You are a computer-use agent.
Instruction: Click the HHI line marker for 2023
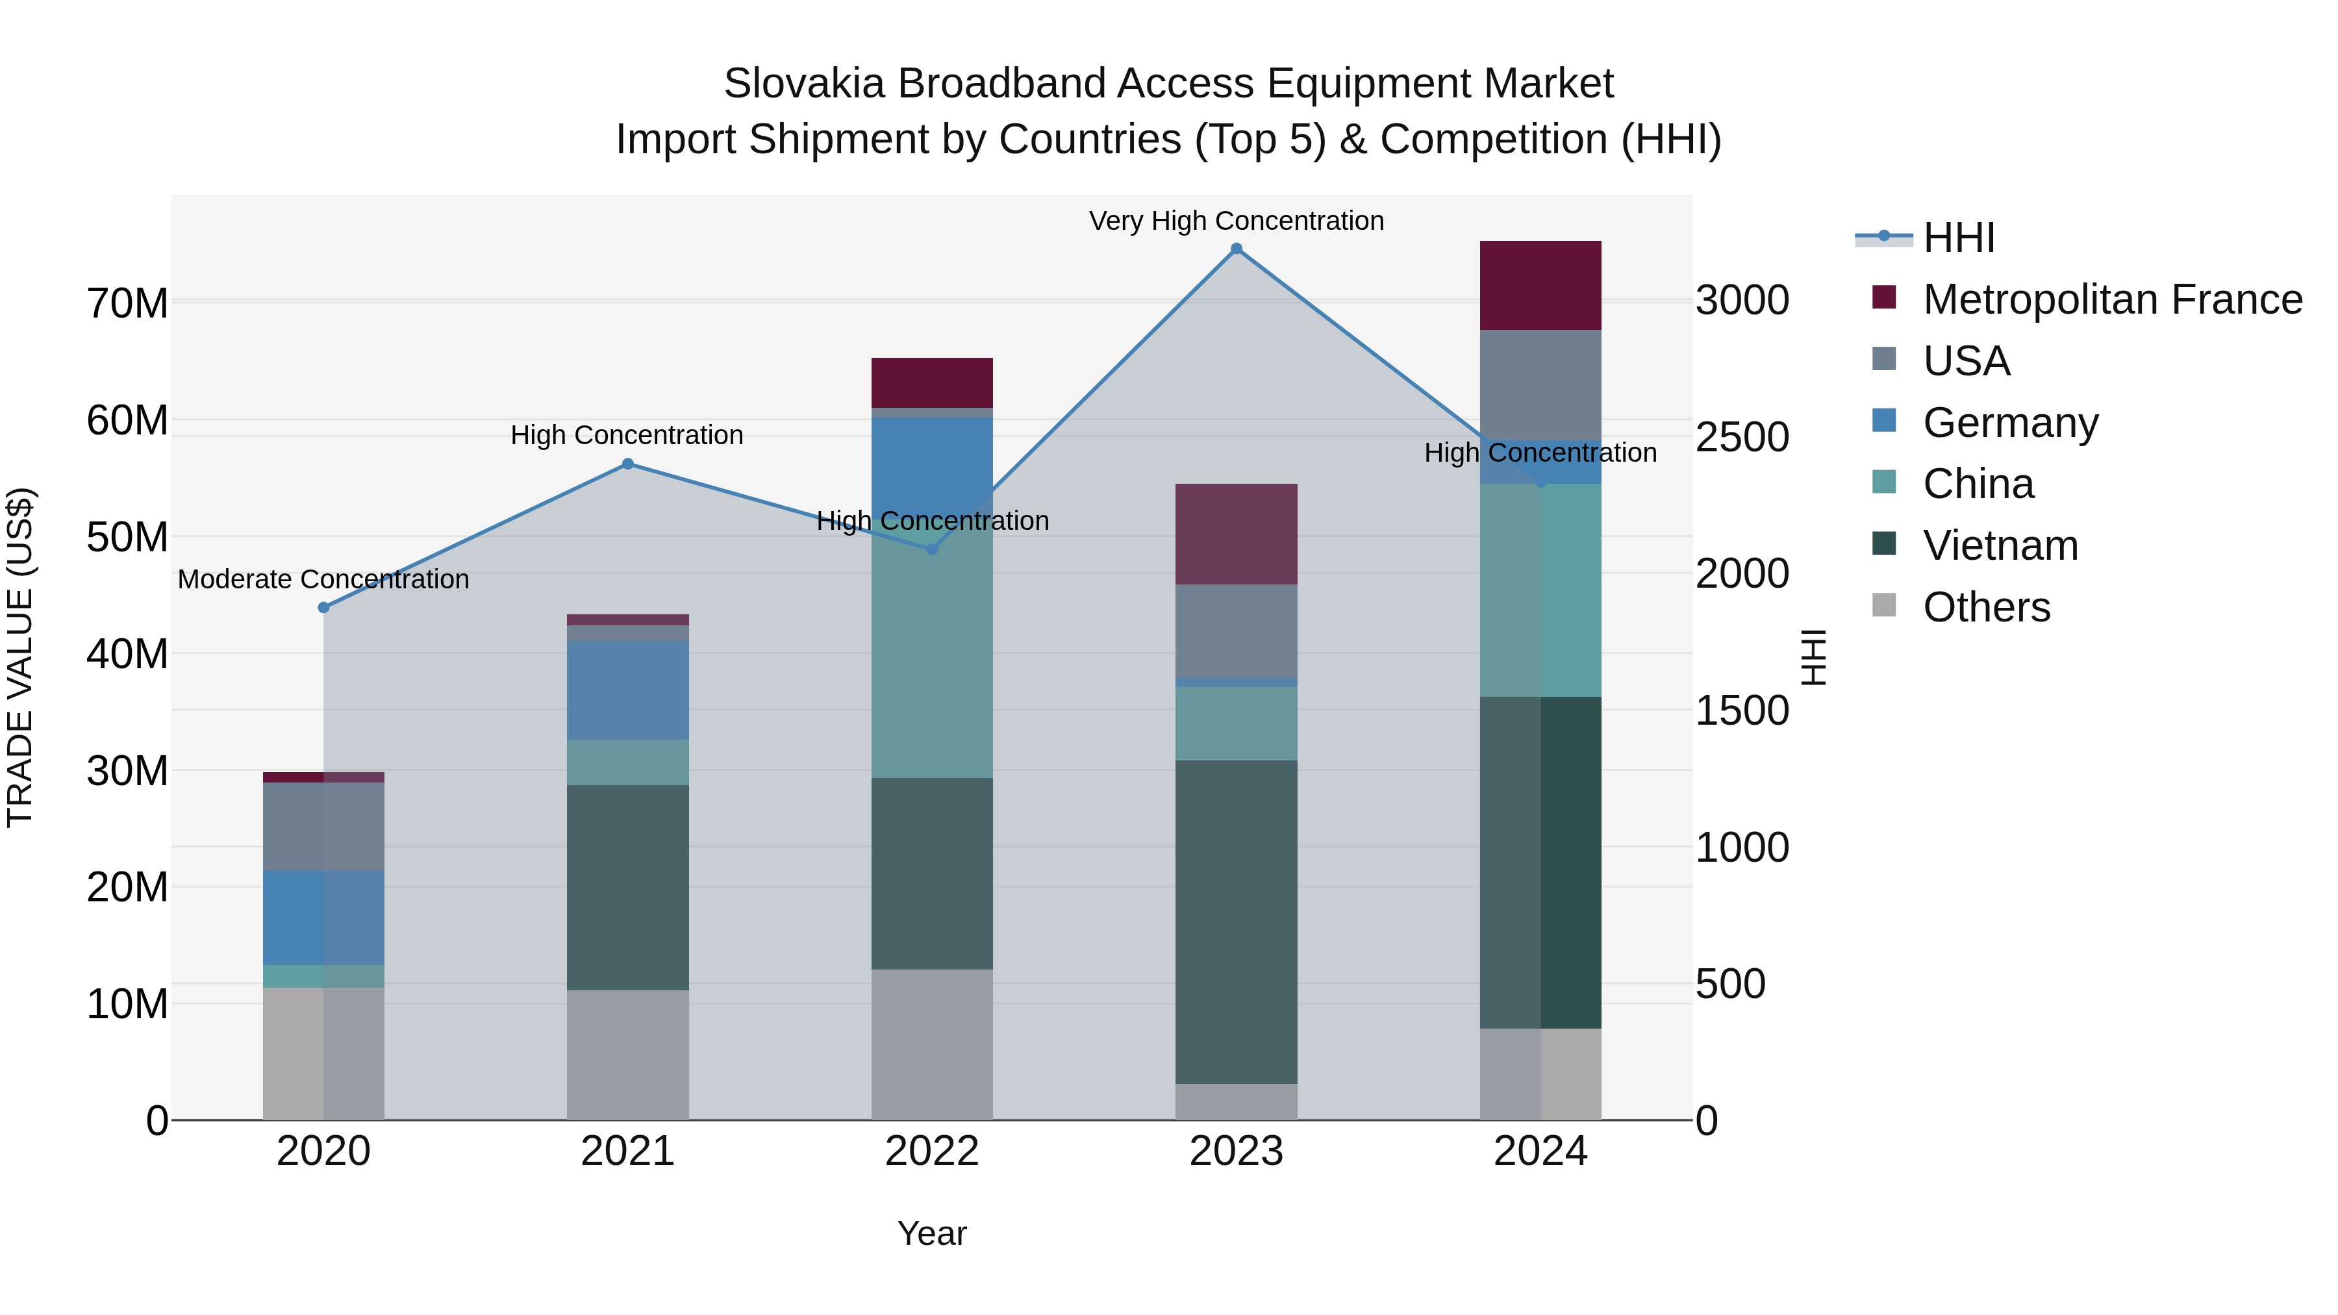[1236, 249]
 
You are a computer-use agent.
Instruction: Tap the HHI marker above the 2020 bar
[323, 607]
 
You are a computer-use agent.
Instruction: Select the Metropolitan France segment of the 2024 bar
[1540, 285]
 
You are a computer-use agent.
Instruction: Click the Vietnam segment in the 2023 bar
[1236, 921]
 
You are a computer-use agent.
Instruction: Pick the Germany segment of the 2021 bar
[627, 690]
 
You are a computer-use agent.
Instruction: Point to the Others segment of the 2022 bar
[932, 1044]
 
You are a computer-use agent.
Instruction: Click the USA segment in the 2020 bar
[323, 826]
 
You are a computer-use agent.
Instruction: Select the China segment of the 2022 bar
[932, 662]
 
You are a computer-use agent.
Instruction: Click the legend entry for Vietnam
[2000, 545]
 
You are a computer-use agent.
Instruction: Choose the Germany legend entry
[2009, 423]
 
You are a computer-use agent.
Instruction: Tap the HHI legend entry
[1957, 238]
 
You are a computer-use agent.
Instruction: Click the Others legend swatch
[1883, 605]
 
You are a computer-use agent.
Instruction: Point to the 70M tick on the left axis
[127, 303]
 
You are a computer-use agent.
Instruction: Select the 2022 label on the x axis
[932, 1151]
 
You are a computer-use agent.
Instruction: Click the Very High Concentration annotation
[1236, 221]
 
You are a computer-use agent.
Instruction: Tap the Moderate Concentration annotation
[323, 579]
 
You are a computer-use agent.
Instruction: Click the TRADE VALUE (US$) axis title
[20, 657]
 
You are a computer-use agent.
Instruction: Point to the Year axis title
[932, 1233]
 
